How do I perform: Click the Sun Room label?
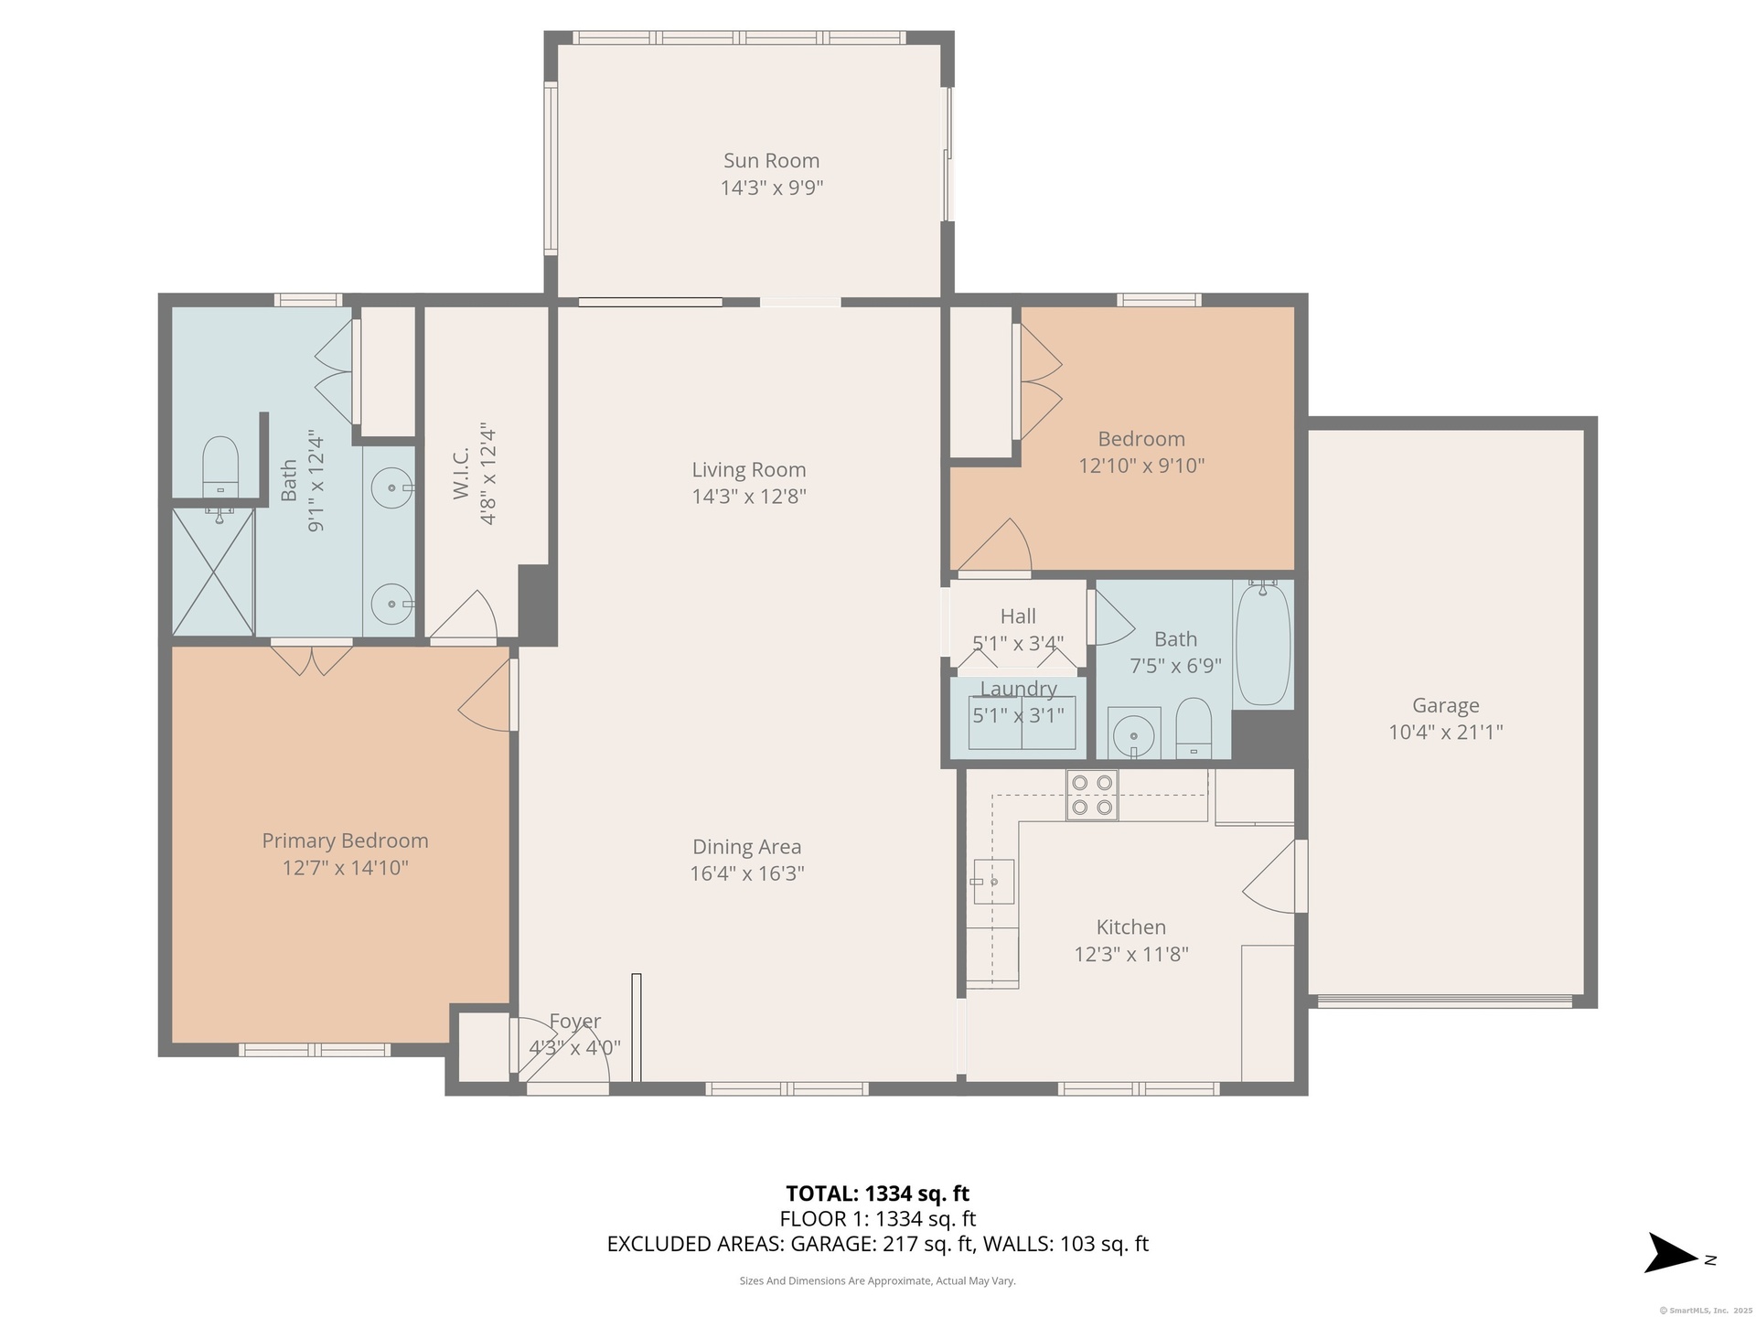[x=771, y=161]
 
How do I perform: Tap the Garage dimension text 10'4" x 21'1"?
[x=1445, y=732]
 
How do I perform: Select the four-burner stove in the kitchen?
[x=1092, y=795]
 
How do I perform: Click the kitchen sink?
[x=992, y=882]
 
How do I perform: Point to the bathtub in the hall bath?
[x=1263, y=645]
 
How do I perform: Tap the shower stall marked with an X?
[x=213, y=573]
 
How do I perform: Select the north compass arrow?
[x=1673, y=1278]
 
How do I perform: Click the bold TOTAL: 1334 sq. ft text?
[x=877, y=1194]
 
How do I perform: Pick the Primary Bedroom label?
[x=345, y=841]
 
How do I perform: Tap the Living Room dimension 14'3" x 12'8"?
[x=748, y=497]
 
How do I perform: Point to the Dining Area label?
[x=746, y=847]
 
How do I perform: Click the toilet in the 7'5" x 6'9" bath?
[x=1194, y=729]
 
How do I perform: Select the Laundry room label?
[x=1019, y=689]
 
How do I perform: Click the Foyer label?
[x=574, y=1021]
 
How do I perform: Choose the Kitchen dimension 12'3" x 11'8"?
[x=1130, y=954]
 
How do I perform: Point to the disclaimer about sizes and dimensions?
[x=877, y=1281]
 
